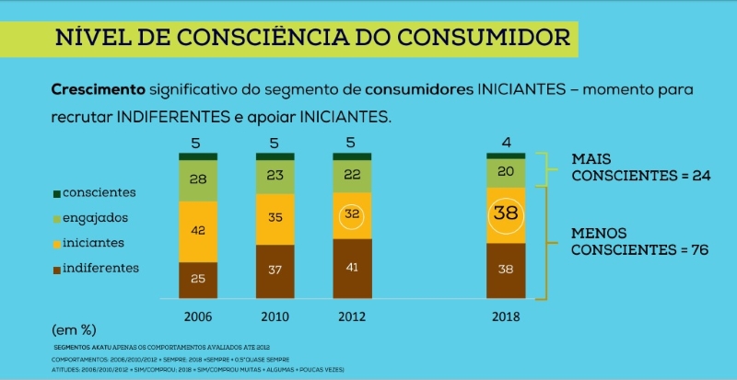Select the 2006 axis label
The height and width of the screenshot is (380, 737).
click(198, 316)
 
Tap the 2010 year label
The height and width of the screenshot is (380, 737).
click(275, 316)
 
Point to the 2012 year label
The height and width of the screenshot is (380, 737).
click(352, 316)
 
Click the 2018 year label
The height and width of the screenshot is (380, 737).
click(506, 316)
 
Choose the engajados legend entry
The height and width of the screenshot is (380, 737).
click(91, 218)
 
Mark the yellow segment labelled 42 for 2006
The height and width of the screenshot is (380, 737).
click(198, 232)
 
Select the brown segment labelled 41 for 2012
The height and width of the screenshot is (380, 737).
click(352, 269)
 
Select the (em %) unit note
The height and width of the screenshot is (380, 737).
click(74, 328)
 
